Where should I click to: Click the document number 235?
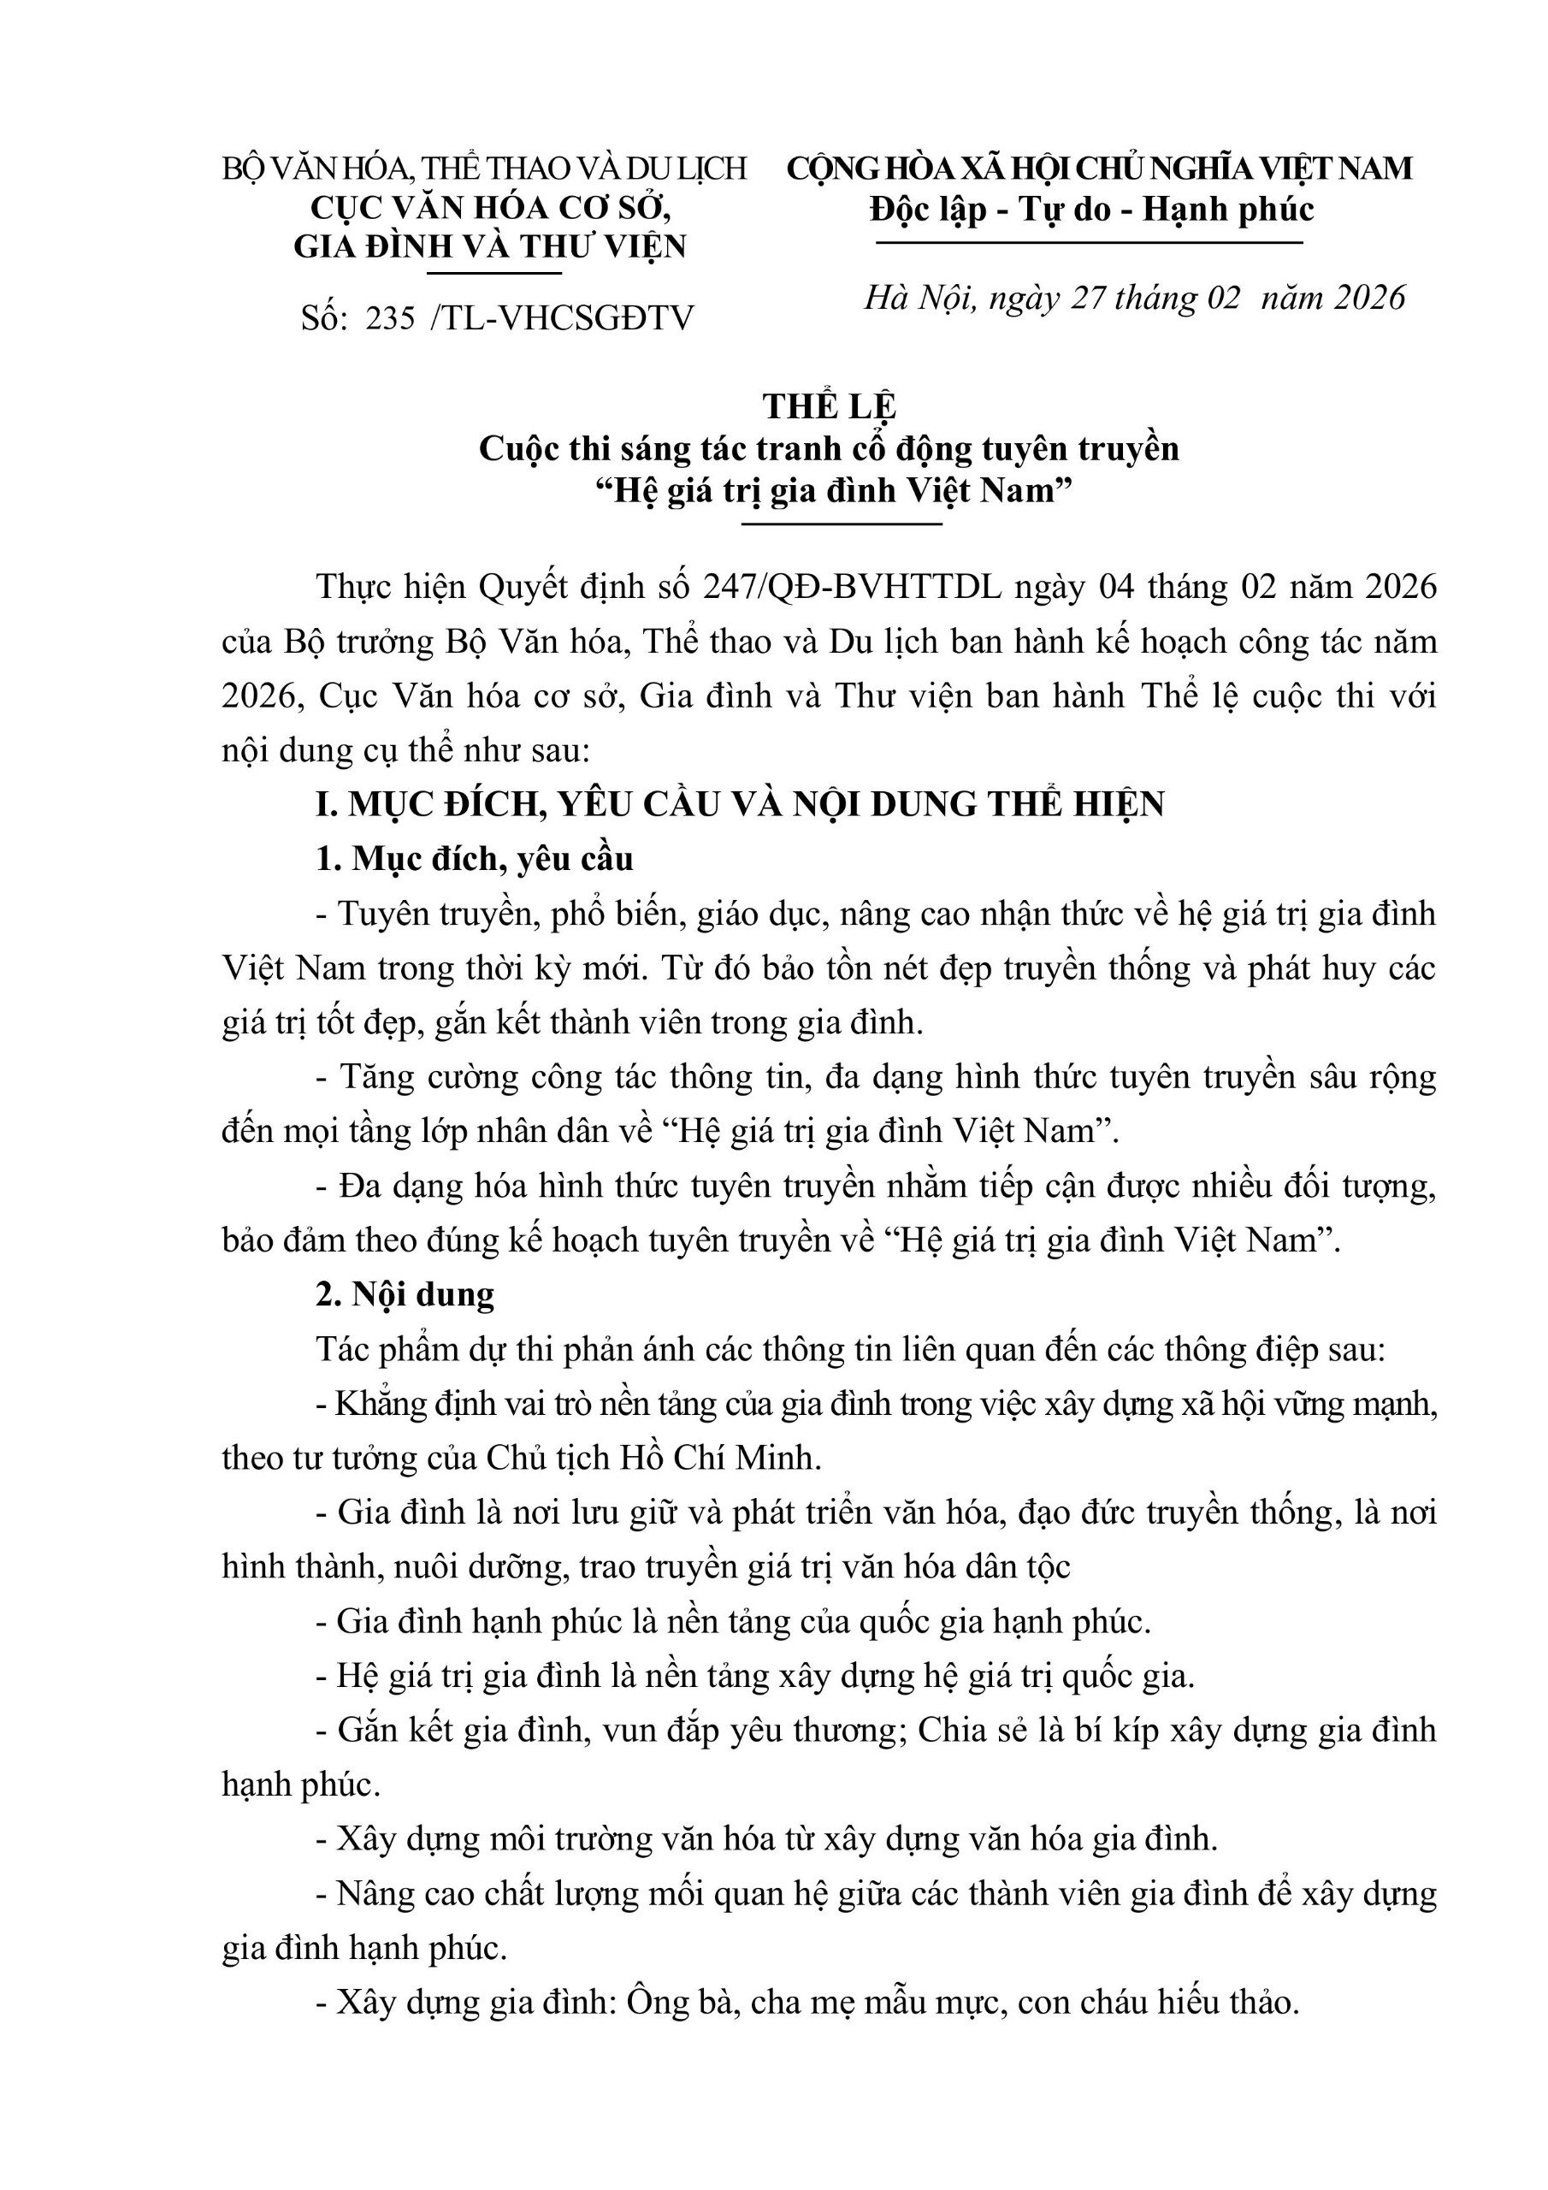[390, 317]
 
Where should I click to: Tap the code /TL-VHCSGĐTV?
[563, 317]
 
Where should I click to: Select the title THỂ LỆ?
[829, 406]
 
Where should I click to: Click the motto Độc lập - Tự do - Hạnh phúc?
[1091, 209]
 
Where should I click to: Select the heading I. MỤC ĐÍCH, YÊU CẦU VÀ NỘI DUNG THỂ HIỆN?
[740, 804]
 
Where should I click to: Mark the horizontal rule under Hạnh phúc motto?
[1090, 243]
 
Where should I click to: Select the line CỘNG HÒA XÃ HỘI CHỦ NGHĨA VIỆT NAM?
[1099, 169]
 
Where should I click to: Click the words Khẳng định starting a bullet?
[417, 1404]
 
